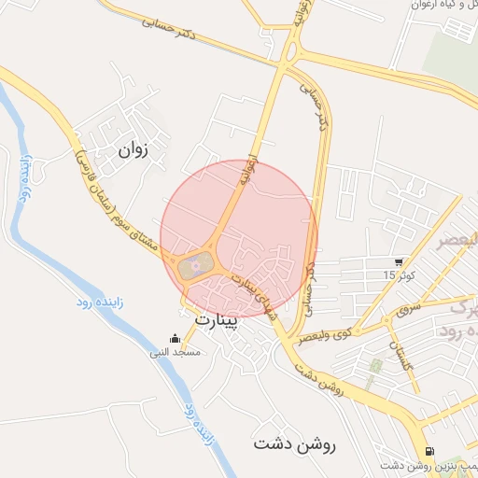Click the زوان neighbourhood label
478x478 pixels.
pos(134,148)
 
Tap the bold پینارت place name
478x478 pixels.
pos(217,320)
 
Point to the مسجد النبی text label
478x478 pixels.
pos(174,353)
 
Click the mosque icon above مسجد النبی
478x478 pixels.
pos(174,339)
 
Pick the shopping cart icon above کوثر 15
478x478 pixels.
pos(400,262)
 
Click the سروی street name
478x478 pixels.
pos(409,306)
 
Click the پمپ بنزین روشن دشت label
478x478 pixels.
pos(429,464)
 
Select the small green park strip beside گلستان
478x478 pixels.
pos(375,373)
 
